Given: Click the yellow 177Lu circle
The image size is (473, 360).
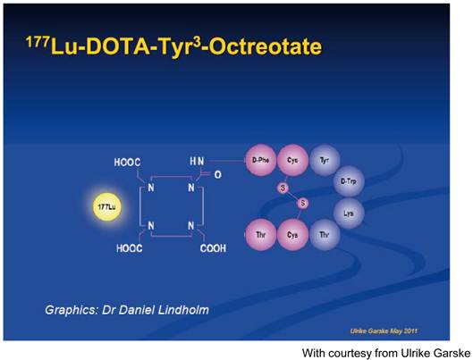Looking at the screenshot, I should pos(106,207).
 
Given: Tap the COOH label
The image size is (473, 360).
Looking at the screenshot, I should pos(210,249).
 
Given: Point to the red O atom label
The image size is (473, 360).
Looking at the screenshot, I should pos(217,175).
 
